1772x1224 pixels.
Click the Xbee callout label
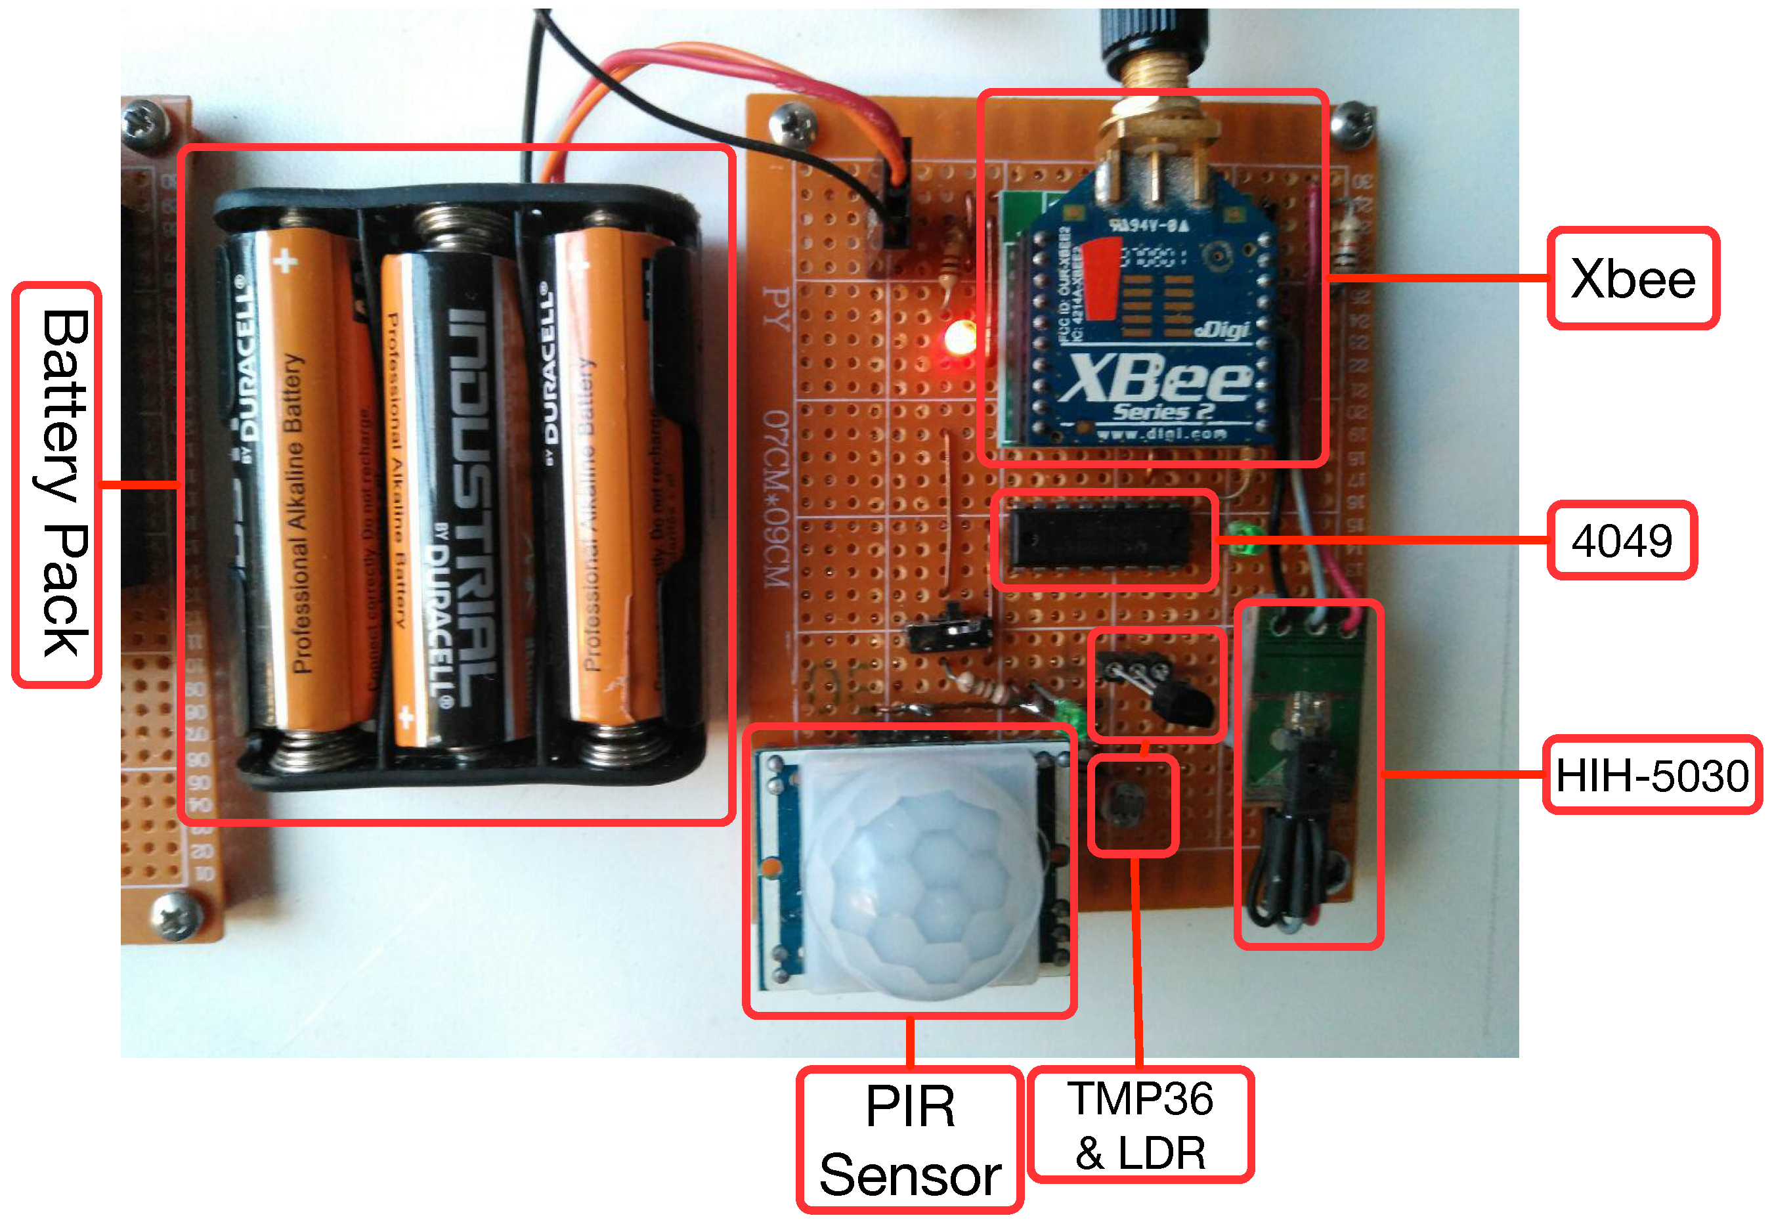pos(1632,278)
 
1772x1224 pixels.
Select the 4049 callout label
pos(1621,540)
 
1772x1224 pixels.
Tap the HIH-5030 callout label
pos(1652,776)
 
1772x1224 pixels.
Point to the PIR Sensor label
pos(910,1141)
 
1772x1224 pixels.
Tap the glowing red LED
pos(959,338)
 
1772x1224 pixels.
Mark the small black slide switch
pos(951,630)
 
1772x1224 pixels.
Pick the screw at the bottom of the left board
pos(178,914)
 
